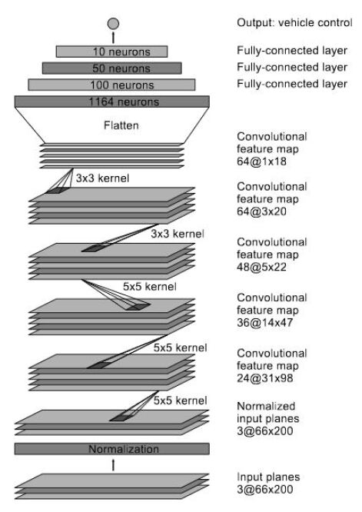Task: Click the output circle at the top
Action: click(x=113, y=23)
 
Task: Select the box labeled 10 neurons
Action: click(x=112, y=52)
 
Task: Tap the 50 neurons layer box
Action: click(x=112, y=68)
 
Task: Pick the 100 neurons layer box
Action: click(x=112, y=84)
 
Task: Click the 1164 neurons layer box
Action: click(x=112, y=101)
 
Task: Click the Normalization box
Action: click(x=112, y=448)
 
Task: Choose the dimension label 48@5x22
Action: click(x=261, y=264)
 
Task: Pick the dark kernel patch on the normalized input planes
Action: click(x=121, y=419)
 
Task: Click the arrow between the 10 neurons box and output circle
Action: click(x=113, y=37)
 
